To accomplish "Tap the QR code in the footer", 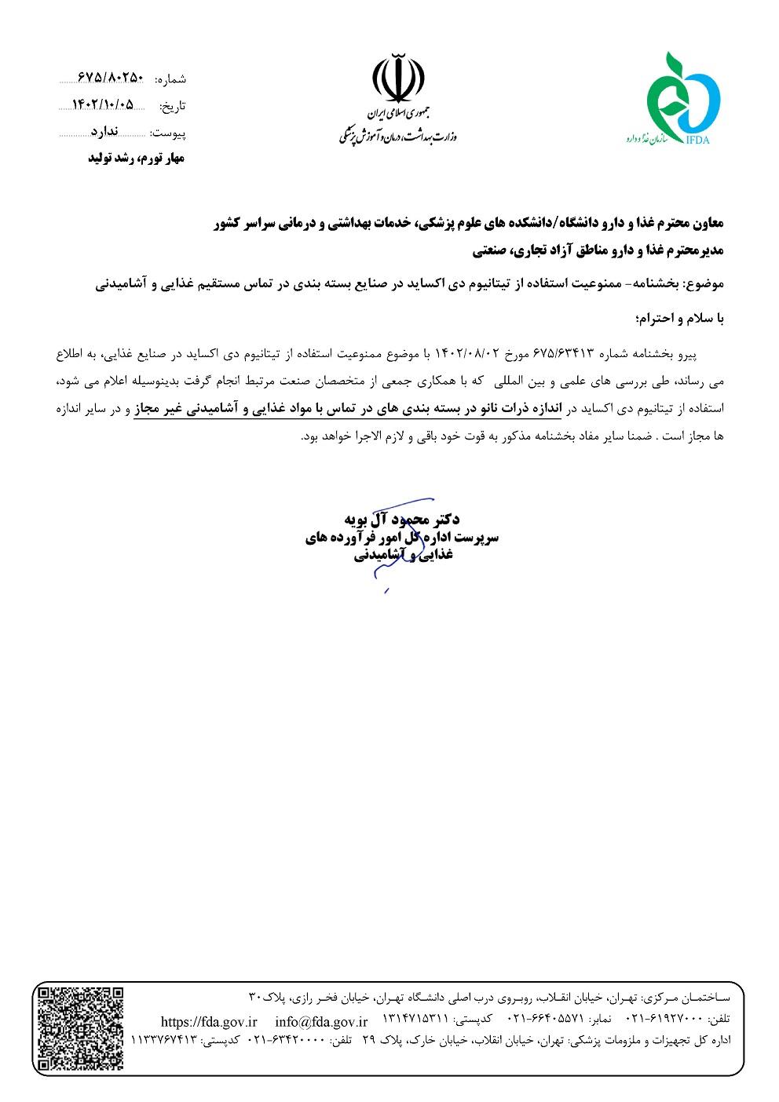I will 81,1028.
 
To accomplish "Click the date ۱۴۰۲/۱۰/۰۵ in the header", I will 103,104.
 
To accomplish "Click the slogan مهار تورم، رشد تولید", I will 135,159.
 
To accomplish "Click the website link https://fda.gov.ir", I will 209,1021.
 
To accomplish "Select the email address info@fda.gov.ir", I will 321,1021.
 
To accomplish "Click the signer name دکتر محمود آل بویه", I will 402,520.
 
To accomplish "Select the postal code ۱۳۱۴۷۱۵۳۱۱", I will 415,1020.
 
